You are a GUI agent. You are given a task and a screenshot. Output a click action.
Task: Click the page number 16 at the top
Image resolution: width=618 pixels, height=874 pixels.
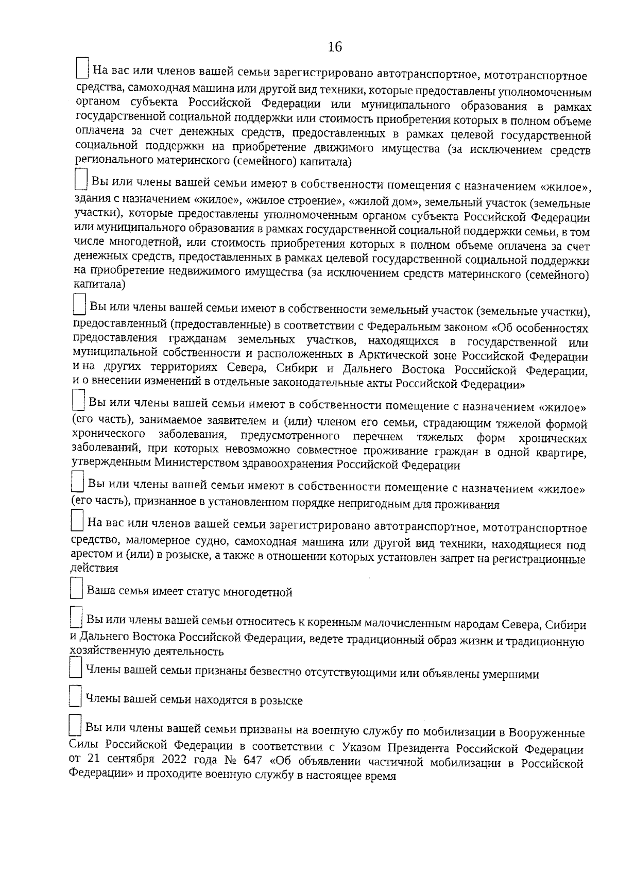(335, 47)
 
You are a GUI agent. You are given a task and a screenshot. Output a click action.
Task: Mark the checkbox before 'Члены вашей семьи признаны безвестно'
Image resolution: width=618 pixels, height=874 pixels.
(75, 669)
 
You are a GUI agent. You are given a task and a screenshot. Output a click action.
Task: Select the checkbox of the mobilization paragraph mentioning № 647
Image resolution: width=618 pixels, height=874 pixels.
(75, 726)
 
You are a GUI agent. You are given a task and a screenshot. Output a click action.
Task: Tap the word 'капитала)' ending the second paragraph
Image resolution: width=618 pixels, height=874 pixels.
(99, 284)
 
